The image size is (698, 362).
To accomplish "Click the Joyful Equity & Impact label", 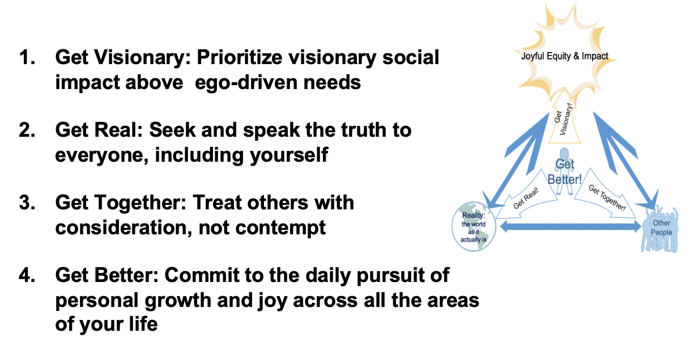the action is pos(565,56).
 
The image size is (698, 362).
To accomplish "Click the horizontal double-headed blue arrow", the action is pos(567,227).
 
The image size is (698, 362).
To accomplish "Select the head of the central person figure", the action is pos(564,154).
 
